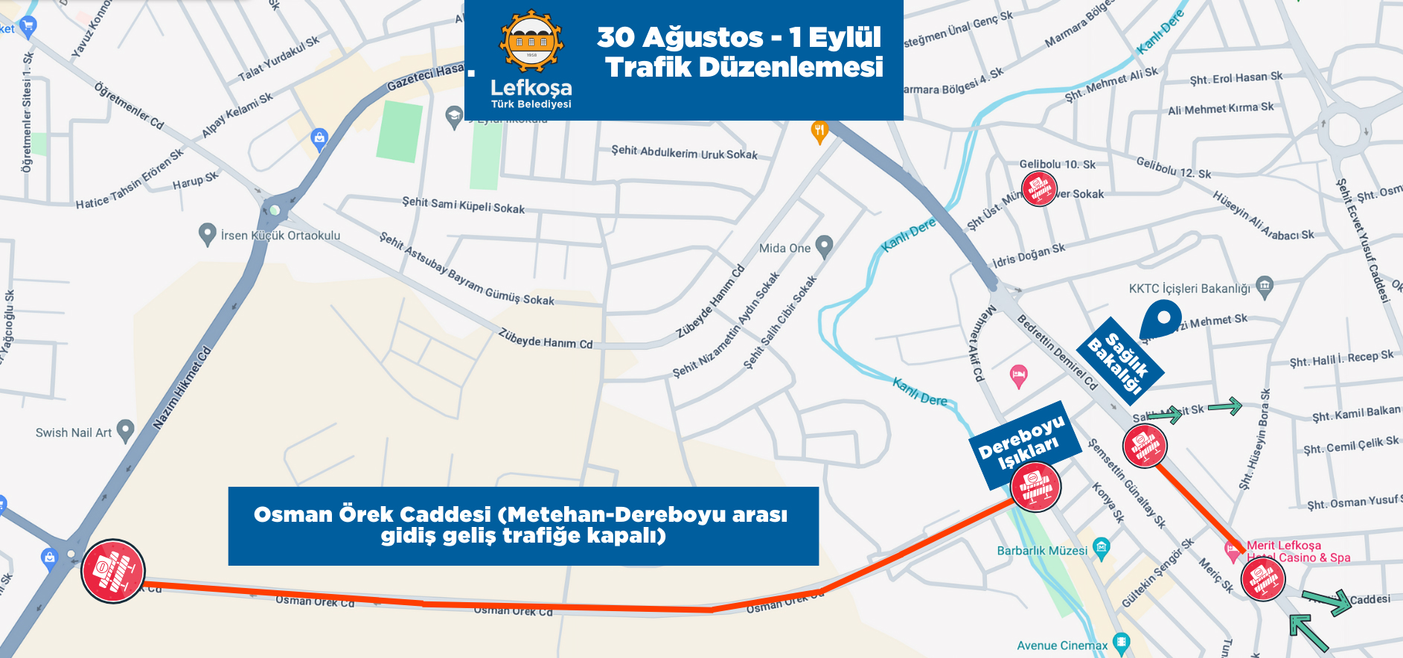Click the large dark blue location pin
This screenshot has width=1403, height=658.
1160,319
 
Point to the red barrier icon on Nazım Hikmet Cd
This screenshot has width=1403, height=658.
112,571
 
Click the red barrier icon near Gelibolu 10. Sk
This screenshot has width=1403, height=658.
1039,188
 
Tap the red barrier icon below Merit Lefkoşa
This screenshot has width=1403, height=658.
1263,578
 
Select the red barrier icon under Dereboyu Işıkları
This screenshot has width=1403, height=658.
1035,488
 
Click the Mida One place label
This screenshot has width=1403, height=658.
784,248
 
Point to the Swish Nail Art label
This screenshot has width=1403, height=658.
74,432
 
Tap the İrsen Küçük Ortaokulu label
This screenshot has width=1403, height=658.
280,235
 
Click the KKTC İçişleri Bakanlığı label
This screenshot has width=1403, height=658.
1189,288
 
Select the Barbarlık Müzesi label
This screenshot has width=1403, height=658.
1042,551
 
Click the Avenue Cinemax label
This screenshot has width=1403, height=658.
1062,645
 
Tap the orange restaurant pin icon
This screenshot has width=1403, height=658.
819,132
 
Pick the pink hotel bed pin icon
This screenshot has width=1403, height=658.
1019,375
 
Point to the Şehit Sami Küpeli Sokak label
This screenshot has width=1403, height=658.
464,205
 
